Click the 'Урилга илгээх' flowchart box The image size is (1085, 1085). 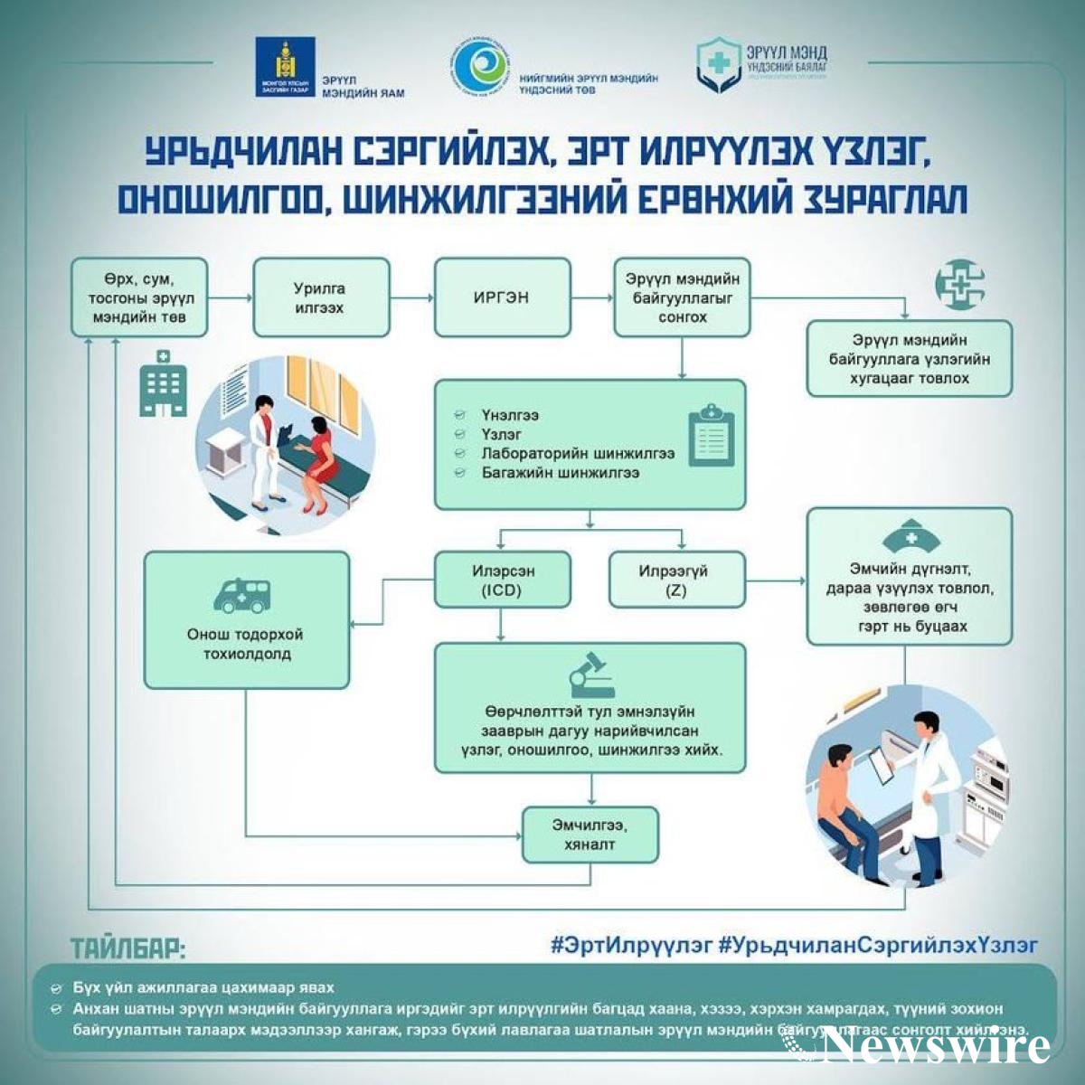pyautogui.click(x=321, y=297)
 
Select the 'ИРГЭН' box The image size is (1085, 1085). pyautogui.click(x=502, y=297)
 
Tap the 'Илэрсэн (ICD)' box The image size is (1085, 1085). pyautogui.click(x=503, y=580)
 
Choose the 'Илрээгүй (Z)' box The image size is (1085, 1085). pyautogui.click(x=676, y=580)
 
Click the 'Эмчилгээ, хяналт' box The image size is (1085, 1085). pyautogui.click(x=590, y=835)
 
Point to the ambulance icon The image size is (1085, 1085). pyautogui.click(x=241, y=594)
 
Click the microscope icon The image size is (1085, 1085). pyautogui.click(x=590, y=673)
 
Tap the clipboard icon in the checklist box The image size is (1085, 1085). pyautogui.click(x=712, y=436)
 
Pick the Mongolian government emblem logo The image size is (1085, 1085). pyautogui.click(x=285, y=68)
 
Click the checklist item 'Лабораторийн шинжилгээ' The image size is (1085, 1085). pyautogui.click(x=578, y=454)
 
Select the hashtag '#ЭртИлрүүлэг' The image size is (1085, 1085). pyautogui.click(x=631, y=945)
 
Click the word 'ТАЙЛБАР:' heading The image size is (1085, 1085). pyautogui.click(x=128, y=949)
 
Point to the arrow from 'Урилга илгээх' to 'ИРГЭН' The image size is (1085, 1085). pyautogui.click(x=412, y=297)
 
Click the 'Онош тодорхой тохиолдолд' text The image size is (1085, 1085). pyautogui.click(x=245, y=644)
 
